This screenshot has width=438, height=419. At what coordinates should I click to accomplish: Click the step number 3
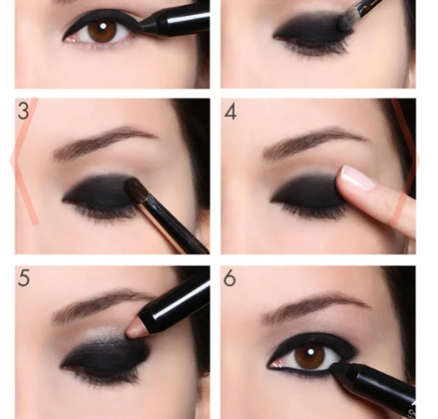click(23, 111)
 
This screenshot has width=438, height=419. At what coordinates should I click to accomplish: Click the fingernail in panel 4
click(358, 177)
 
